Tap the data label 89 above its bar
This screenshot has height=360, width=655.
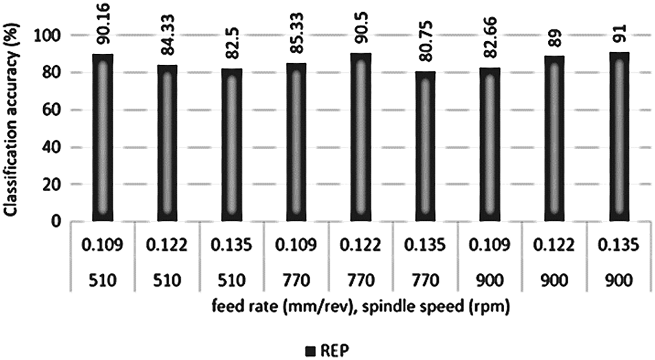(x=554, y=38)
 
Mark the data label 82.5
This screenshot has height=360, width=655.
(x=232, y=48)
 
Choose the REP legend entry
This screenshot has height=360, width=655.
(x=328, y=349)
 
